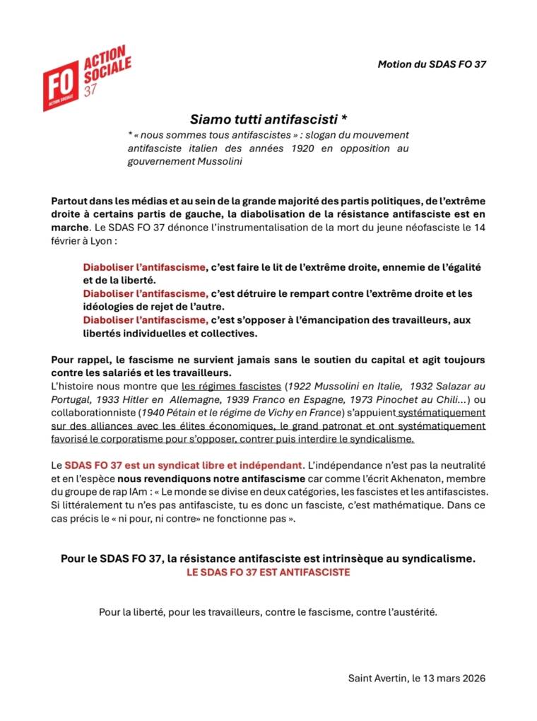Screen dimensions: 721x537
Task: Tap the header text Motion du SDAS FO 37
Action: click(x=431, y=64)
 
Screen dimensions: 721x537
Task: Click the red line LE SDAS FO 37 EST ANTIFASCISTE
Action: click(x=268, y=573)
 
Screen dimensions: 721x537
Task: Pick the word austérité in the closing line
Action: click(x=412, y=612)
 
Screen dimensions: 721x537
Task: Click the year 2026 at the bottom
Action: click(x=472, y=678)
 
